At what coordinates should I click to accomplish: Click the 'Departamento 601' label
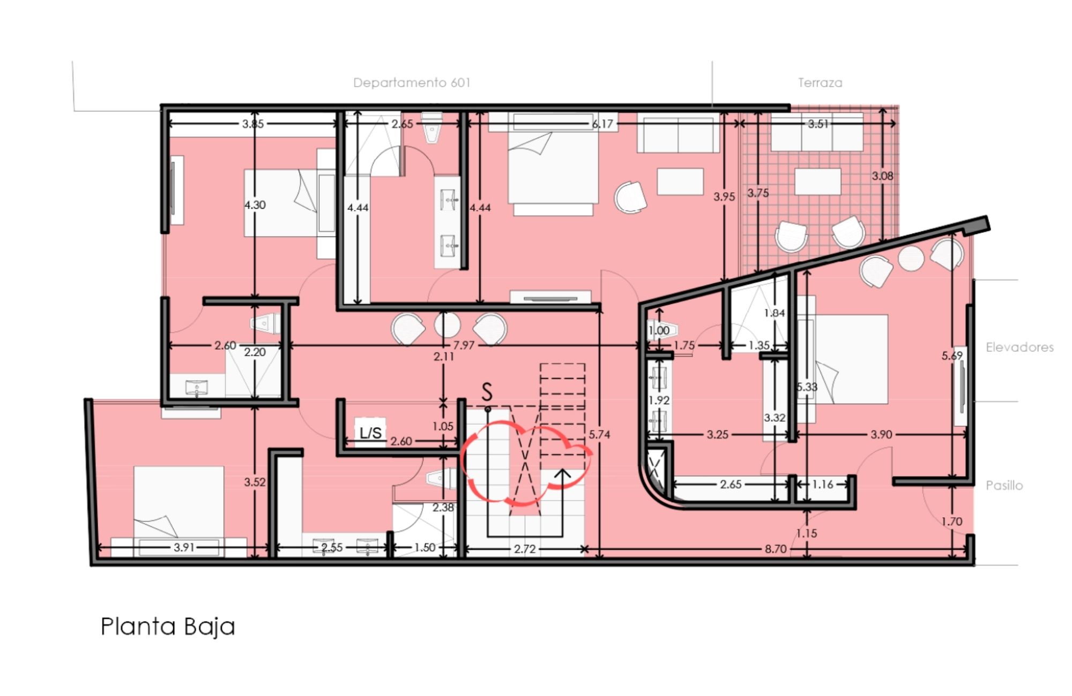coord(412,82)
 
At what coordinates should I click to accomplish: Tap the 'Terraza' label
coord(820,82)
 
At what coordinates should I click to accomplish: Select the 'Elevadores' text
coord(1019,347)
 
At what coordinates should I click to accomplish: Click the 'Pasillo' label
coord(1004,485)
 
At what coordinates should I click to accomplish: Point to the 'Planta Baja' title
coord(168,626)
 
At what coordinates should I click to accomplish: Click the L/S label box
coord(370,432)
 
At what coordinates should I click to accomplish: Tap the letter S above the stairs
coord(487,392)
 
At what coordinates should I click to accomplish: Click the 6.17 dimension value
coord(602,124)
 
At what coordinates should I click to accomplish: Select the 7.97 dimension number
coord(464,345)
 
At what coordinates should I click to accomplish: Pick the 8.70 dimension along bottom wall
coord(775,549)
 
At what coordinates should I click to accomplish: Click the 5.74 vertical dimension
coord(599,434)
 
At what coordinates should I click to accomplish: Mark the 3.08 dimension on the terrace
coord(882,176)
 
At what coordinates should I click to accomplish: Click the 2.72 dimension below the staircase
coord(524,549)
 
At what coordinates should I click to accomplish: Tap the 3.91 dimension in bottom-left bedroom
coord(184,547)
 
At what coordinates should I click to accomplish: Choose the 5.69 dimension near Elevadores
coord(951,355)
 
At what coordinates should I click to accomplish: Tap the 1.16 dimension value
coord(822,484)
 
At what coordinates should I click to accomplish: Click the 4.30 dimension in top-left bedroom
coord(255,205)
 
